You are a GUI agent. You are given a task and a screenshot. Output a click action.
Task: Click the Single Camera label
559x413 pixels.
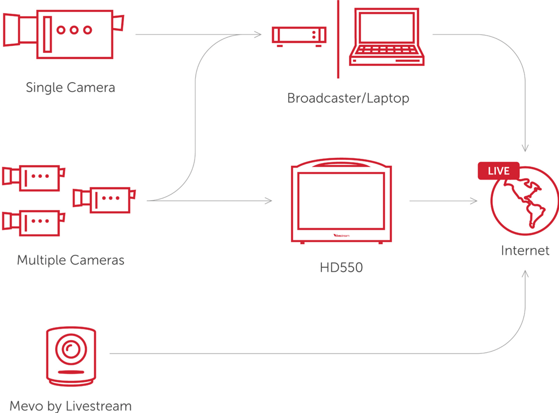tap(71, 88)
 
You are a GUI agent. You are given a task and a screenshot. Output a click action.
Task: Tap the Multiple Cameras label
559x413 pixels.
tap(71, 260)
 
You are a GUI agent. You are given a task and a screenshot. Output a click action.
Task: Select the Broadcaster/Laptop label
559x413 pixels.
tap(348, 98)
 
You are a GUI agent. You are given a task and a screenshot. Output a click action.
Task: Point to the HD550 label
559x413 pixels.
tap(341, 267)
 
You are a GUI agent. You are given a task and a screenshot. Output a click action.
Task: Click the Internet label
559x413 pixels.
tap(525, 251)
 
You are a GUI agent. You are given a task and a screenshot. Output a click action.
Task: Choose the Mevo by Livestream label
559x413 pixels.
tap(71, 406)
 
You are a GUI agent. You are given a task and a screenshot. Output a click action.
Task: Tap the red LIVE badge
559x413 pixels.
tap(498, 171)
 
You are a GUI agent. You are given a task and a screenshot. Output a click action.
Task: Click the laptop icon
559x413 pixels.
tap(386, 37)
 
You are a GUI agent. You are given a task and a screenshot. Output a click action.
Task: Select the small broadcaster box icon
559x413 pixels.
tap(299, 36)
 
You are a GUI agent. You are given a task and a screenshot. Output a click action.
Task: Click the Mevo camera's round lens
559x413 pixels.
tap(71, 348)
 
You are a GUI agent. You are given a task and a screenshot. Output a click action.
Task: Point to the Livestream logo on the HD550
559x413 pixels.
tap(341, 235)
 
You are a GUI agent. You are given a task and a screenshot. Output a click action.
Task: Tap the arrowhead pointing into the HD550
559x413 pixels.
tap(269, 201)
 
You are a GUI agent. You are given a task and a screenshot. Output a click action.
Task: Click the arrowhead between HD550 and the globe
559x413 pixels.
tap(474, 201)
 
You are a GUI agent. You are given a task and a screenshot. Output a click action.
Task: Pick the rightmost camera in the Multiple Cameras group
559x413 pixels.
tap(104, 198)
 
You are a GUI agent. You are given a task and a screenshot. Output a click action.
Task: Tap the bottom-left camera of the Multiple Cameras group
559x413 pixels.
tap(33, 221)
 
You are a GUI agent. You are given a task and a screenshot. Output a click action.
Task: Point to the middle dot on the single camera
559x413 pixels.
tap(74, 30)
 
